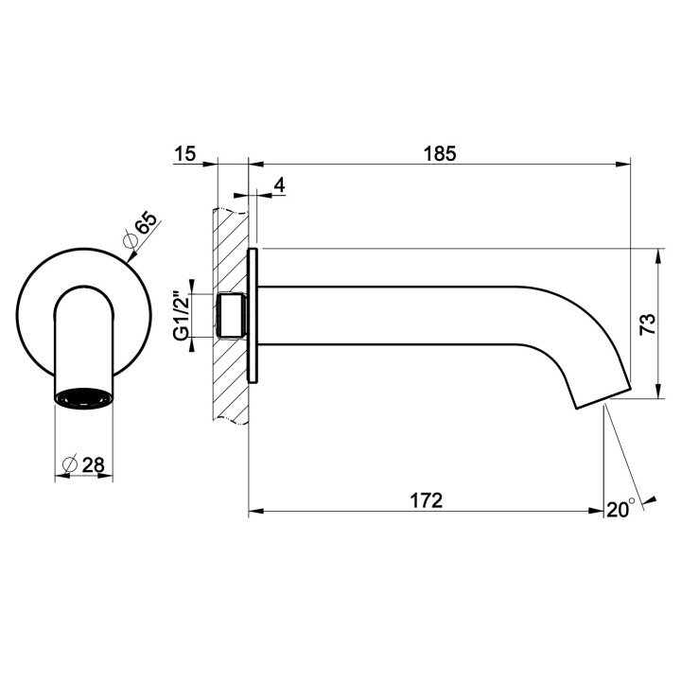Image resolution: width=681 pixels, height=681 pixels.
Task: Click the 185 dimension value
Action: pos(440,152)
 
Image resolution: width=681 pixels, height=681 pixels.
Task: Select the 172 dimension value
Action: pos(427,500)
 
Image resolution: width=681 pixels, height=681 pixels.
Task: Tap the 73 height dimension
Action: pos(672,323)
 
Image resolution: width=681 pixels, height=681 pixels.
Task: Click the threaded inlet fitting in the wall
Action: pos(232,315)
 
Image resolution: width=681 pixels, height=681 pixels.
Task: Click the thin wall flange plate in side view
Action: pos(253,315)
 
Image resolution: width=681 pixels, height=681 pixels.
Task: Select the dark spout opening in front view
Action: pos(83,398)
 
